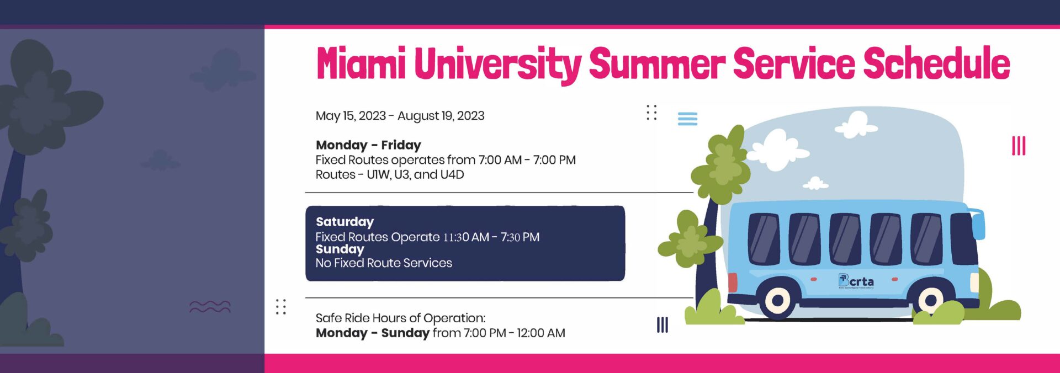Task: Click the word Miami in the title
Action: coord(361,62)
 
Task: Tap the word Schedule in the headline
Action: coord(936,62)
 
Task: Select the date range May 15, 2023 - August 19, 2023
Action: coord(400,116)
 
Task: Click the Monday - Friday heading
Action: coord(368,145)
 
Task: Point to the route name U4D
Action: coord(452,175)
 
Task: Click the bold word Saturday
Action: coord(344,222)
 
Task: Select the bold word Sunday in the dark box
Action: coord(340,249)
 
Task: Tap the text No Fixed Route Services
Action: coord(384,263)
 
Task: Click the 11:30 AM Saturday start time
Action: coord(466,237)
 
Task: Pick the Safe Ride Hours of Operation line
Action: coord(400,318)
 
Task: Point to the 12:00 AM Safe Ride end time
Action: coord(541,333)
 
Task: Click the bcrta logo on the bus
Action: coord(856,281)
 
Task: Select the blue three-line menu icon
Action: coord(687,119)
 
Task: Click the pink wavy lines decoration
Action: coord(210,307)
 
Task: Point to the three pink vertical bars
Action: coord(1019,146)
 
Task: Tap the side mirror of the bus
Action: coord(978,223)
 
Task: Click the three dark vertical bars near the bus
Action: coord(662,325)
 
